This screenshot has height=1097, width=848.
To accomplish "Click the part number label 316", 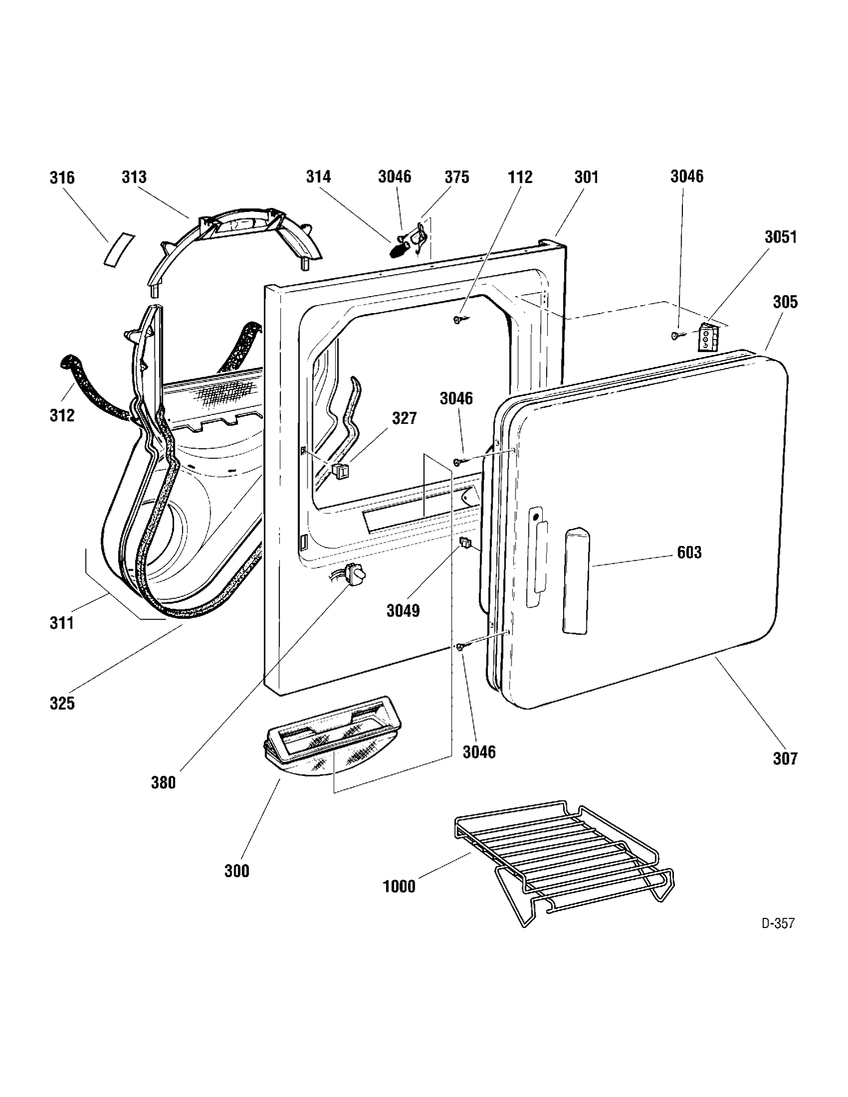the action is click(62, 178).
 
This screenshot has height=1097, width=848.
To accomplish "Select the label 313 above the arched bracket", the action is click(134, 177).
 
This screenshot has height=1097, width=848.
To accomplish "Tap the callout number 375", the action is click(457, 177).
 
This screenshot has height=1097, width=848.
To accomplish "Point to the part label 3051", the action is click(781, 237).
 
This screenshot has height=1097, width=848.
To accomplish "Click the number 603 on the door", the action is click(689, 552).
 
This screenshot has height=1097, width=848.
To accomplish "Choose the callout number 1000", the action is click(399, 886).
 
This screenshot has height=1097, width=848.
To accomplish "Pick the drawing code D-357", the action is click(778, 923).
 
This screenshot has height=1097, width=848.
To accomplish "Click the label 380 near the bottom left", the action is click(163, 783).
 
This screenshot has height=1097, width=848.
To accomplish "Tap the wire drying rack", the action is click(564, 863).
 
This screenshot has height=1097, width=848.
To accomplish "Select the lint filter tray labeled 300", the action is click(334, 736).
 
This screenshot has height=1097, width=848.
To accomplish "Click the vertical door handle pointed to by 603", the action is click(576, 580).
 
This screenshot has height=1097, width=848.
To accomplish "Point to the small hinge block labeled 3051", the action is click(707, 337).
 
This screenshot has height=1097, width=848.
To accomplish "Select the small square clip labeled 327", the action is click(340, 470).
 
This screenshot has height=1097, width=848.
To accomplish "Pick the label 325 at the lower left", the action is click(62, 704).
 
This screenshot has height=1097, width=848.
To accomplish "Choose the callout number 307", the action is click(785, 758).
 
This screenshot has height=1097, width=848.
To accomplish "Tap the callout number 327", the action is click(404, 418).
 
